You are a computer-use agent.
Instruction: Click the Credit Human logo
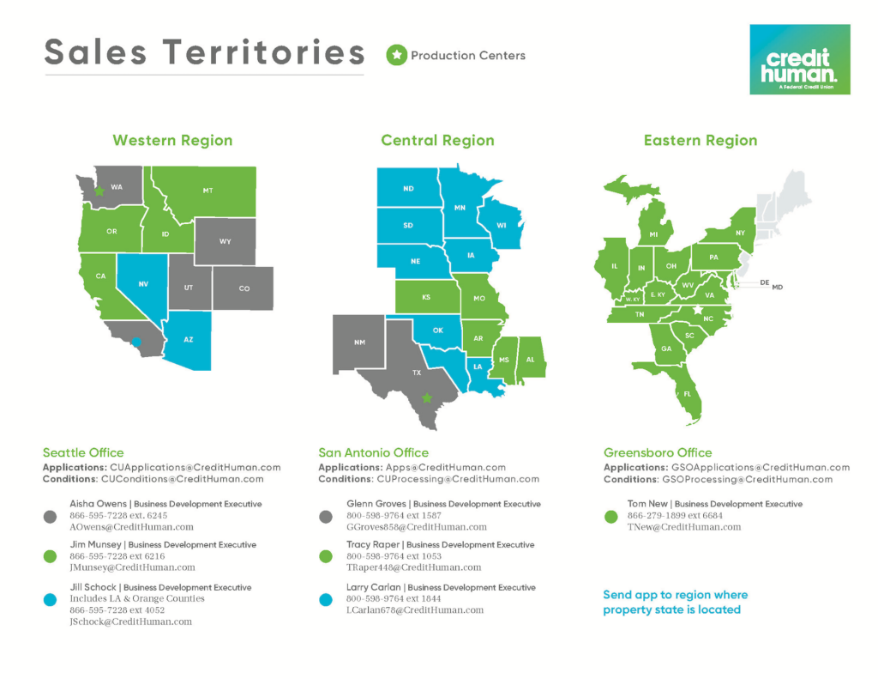tap(799, 59)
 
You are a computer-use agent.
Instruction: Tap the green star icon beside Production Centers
tap(396, 56)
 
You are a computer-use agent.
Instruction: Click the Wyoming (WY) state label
tap(225, 241)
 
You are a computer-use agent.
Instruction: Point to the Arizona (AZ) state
tap(188, 340)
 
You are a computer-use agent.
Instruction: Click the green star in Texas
tap(426, 398)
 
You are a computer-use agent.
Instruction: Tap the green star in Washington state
tap(99, 191)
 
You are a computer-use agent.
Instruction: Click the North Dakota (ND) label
tap(408, 189)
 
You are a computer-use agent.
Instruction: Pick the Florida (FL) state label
tap(688, 394)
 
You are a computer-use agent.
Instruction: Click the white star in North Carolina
tap(697, 310)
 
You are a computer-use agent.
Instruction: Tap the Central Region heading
tap(437, 140)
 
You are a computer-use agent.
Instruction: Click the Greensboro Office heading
tap(658, 452)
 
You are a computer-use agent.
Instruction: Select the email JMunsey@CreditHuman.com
tap(132, 567)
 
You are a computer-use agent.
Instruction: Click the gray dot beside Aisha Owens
tap(51, 517)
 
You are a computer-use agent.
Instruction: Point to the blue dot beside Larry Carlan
tap(326, 600)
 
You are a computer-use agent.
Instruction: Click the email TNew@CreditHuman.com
tap(672, 527)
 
